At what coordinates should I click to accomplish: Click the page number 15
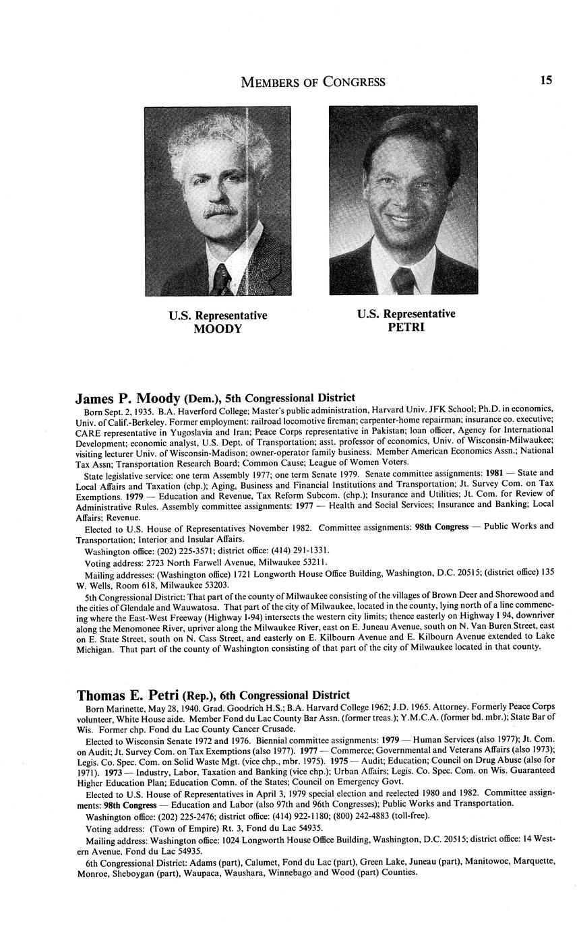(545, 80)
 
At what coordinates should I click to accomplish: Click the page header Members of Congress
(313, 82)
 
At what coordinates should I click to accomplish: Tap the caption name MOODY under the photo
(218, 329)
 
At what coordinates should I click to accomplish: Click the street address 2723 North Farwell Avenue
(209, 561)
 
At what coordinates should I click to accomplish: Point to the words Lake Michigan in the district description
(532, 636)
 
